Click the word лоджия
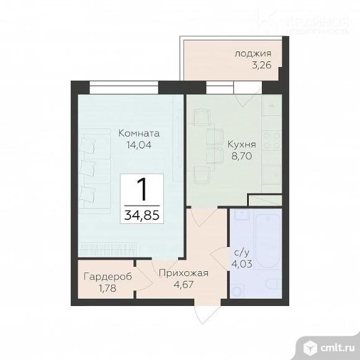click(x=252, y=53)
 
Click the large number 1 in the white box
click(x=143, y=189)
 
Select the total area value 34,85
click(x=143, y=216)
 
